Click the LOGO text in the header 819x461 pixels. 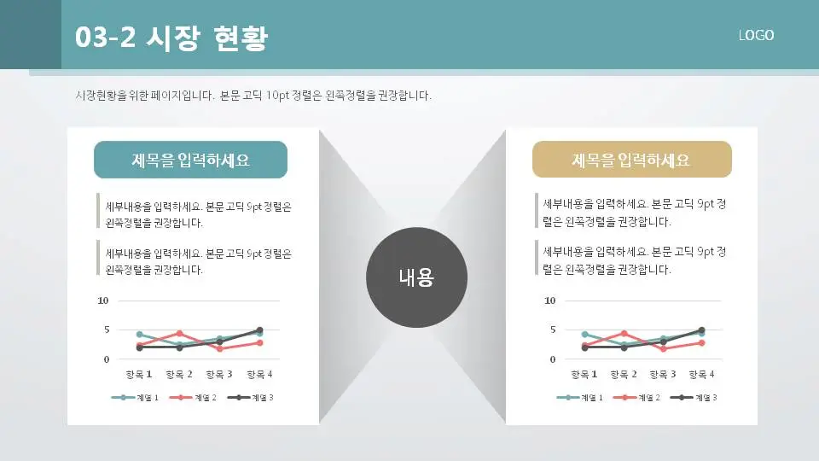(x=756, y=35)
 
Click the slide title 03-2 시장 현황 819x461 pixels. (x=171, y=38)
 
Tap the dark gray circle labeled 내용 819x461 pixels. (x=416, y=277)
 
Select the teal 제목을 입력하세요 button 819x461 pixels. (x=190, y=160)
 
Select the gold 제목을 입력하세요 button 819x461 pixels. (x=631, y=160)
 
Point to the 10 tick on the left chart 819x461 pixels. (x=103, y=301)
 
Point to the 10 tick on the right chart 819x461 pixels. (x=549, y=301)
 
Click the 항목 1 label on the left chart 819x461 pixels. (x=138, y=374)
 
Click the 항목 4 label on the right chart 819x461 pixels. (x=701, y=374)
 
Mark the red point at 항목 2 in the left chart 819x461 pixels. (x=179, y=334)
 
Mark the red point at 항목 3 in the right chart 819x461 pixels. (x=664, y=348)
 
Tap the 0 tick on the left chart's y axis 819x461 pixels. (x=106, y=359)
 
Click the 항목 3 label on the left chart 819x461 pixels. (x=219, y=374)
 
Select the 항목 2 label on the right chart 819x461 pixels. (x=624, y=374)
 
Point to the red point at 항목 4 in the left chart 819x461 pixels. (x=259, y=342)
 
